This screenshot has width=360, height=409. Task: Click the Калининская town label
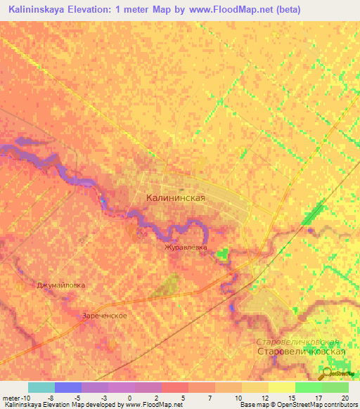click(x=175, y=198)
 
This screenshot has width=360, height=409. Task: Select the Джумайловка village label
click(x=60, y=285)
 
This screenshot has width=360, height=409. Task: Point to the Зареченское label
click(x=104, y=316)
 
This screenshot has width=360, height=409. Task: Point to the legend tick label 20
click(x=345, y=398)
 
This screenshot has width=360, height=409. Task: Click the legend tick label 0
click(x=130, y=398)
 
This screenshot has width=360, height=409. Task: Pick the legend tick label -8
click(x=50, y=398)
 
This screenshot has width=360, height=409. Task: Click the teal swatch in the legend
click(x=41, y=387)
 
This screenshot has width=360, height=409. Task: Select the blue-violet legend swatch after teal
click(x=68, y=387)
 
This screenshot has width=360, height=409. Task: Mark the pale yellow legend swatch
click(x=281, y=387)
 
